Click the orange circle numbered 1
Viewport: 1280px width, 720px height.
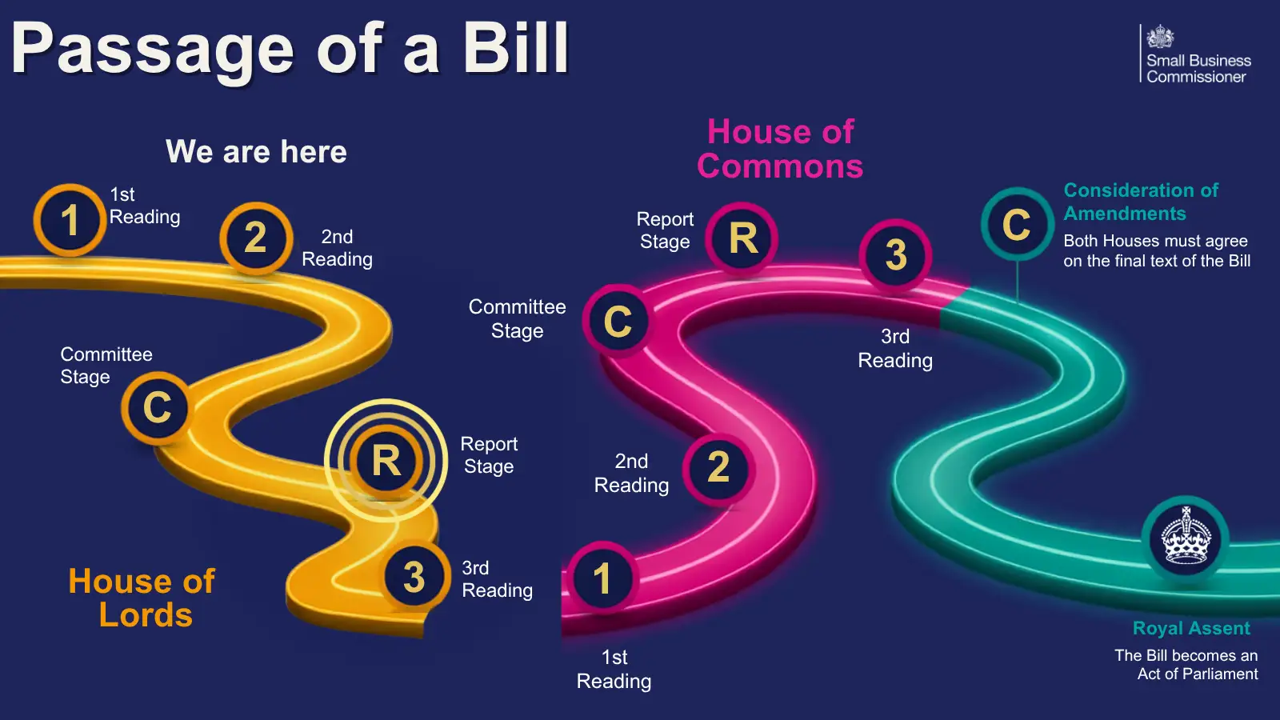70,220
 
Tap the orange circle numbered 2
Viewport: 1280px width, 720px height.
256,238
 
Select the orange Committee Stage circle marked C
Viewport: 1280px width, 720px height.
157,407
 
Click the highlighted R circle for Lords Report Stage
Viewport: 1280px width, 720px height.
386,461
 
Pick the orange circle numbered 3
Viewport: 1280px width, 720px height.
414,576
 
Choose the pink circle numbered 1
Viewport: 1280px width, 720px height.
602,578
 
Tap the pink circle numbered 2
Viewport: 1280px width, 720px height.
719,469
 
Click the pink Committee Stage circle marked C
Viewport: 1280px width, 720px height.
618,321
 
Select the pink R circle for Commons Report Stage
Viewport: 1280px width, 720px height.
742,238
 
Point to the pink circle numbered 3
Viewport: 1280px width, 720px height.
896,255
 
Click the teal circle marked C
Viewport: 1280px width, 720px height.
1017,224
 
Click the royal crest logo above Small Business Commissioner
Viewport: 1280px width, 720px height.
1160,37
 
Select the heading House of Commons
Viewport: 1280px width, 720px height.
780,149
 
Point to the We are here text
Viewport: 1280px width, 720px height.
256,151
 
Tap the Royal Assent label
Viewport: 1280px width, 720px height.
1191,628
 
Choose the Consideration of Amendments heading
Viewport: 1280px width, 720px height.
1141,202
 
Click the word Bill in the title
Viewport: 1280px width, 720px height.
515,48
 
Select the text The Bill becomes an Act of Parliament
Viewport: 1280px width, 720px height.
1186,665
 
